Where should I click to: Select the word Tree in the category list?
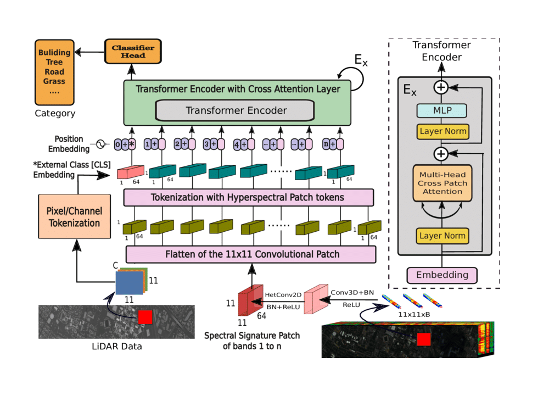pyautogui.click(x=54, y=62)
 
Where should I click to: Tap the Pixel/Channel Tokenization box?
pyautogui.click(x=74, y=217)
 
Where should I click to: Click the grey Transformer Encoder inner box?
pyautogui.click(x=236, y=110)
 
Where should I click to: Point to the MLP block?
pyautogui.click(x=442, y=110)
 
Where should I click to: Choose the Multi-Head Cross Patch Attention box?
pyautogui.click(x=442, y=183)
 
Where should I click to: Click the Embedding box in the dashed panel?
pyautogui.click(x=442, y=275)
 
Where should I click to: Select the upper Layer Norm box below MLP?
pyautogui.click(x=442, y=131)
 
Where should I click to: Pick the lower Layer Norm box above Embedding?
pyautogui.click(x=442, y=236)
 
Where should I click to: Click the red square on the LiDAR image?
pyautogui.click(x=145, y=317)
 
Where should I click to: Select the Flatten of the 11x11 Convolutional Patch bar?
pyautogui.click(x=251, y=254)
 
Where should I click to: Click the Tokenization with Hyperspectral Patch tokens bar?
pyautogui.click(x=248, y=197)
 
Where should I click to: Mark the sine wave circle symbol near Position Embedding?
pyautogui.click(x=100, y=144)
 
